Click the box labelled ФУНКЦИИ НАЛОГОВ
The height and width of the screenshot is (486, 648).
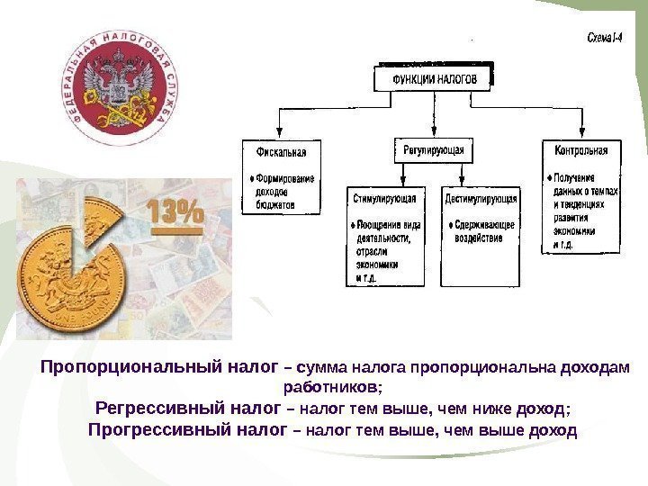(x=434, y=79)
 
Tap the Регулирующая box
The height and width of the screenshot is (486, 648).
(x=434, y=150)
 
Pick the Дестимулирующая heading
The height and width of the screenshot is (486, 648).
(x=481, y=198)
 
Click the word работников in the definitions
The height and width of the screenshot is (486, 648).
(x=331, y=388)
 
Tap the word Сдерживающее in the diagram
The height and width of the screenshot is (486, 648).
(x=484, y=225)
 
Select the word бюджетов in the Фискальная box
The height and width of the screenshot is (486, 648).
(x=275, y=205)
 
